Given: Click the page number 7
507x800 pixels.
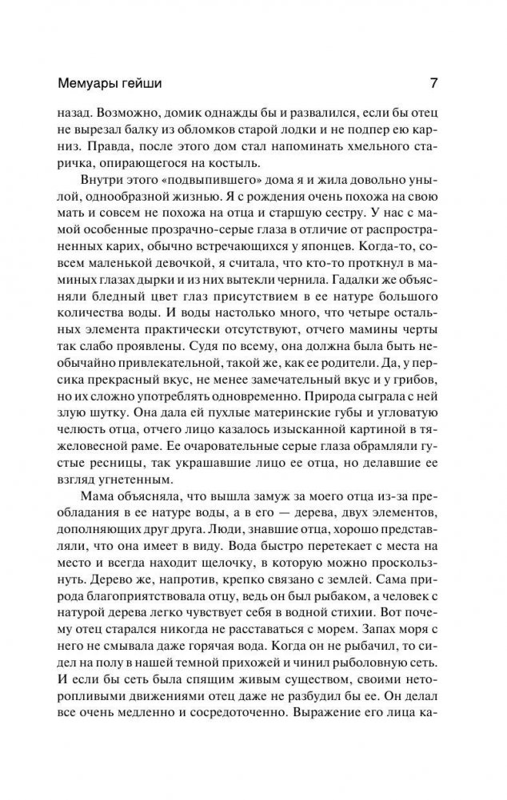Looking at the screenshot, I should [x=432, y=83].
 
